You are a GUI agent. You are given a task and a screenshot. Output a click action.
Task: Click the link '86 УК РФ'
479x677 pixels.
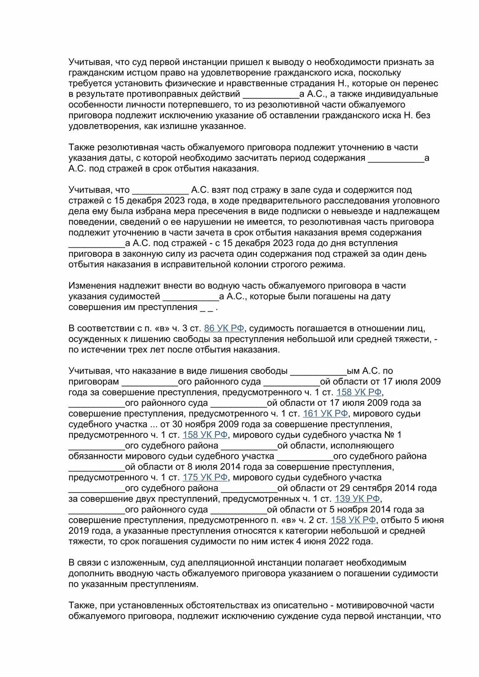[223, 329]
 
